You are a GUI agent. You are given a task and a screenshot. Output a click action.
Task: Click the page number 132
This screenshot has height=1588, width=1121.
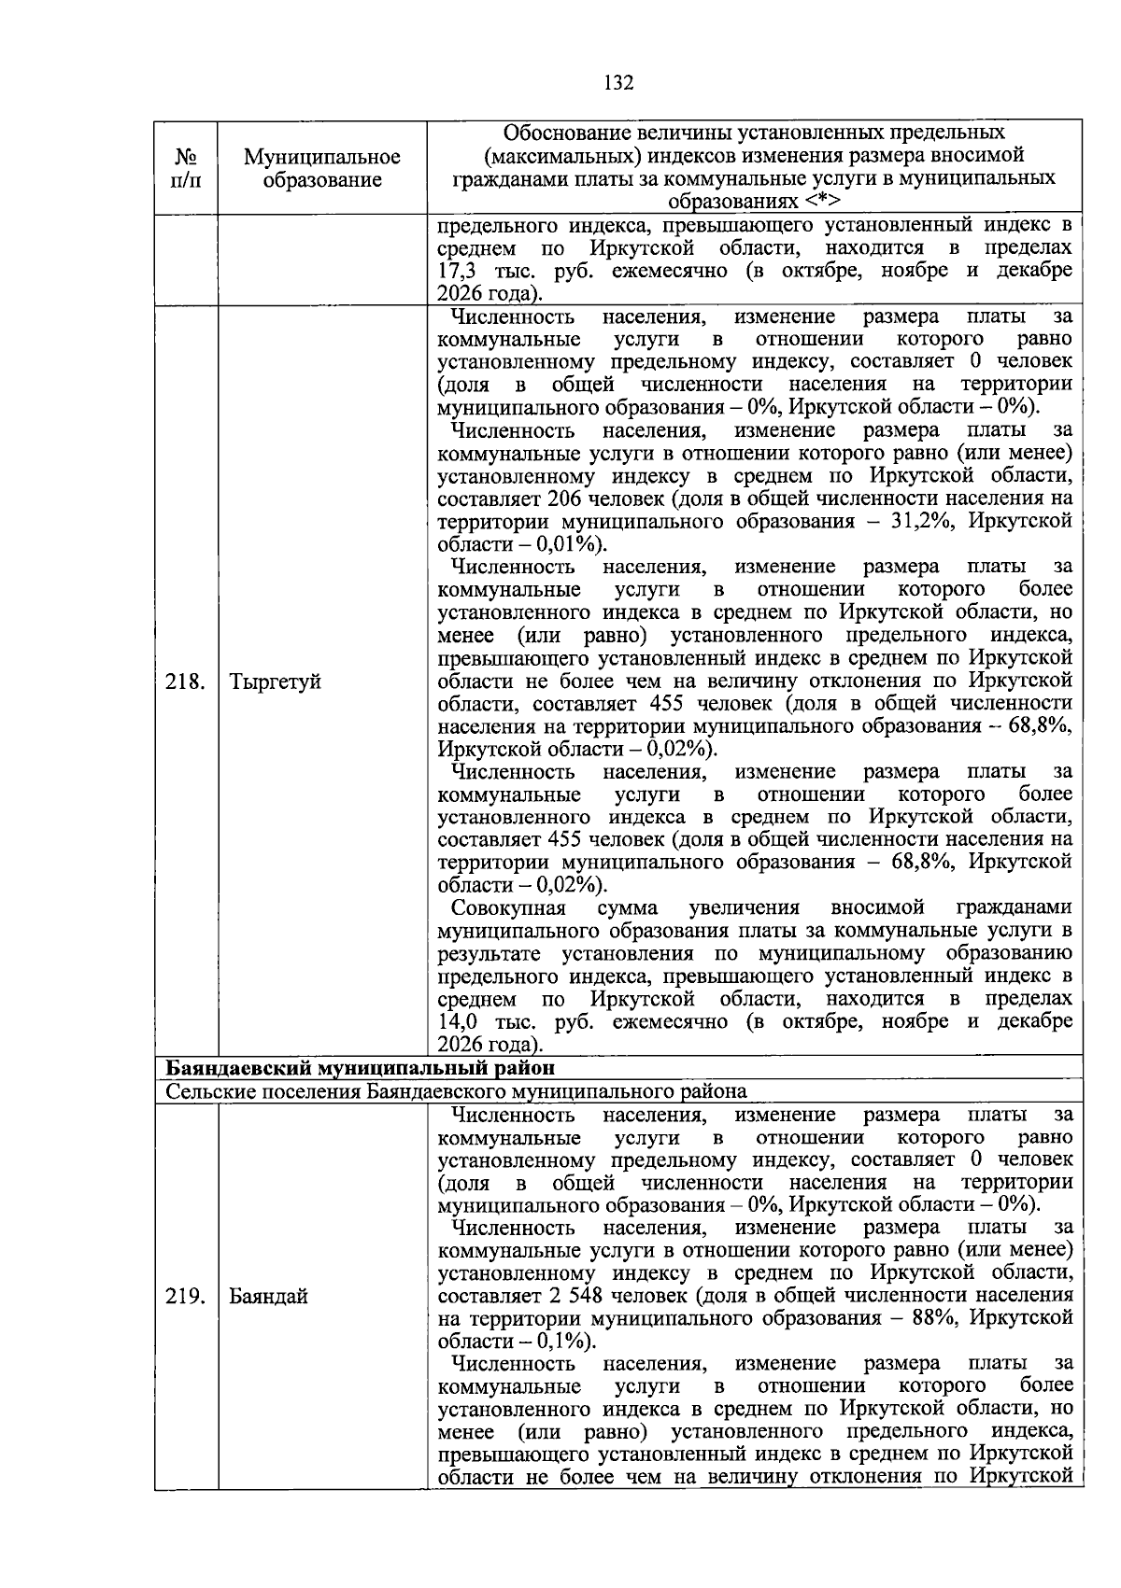pos(617,83)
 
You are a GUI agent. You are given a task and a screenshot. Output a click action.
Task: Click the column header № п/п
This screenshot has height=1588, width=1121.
pos(186,168)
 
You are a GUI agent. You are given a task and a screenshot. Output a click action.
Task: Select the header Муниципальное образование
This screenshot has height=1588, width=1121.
pos(322,168)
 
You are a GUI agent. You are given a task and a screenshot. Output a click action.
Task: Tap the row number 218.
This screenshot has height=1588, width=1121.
pos(185,682)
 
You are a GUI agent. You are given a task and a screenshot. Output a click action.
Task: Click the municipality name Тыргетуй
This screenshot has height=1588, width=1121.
pos(276,682)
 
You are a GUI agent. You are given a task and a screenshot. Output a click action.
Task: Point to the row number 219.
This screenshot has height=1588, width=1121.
pos(185,1296)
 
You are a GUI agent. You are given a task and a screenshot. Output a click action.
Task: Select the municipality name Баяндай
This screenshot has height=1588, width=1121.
pos(269,1296)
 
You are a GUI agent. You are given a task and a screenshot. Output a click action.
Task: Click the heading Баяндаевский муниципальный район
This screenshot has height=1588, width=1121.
pos(361,1068)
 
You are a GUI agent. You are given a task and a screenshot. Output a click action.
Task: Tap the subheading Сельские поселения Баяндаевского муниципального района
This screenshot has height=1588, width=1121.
pos(456,1090)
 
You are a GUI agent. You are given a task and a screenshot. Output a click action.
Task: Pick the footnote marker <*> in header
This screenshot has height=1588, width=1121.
pos(821,202)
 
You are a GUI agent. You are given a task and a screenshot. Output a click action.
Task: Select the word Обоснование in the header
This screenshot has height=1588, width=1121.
pos(566,132)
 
